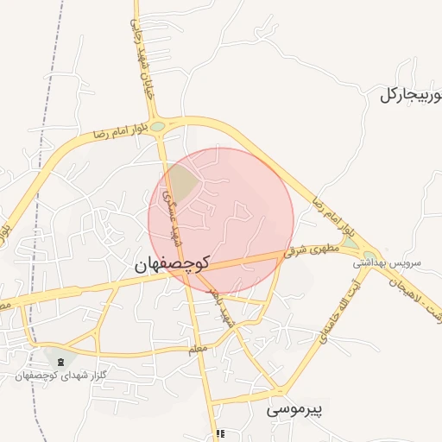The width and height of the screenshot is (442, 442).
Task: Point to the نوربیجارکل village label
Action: point(410,95)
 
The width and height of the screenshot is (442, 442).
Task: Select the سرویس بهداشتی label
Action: point(389,262)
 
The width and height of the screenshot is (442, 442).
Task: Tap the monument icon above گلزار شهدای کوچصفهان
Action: point(60,360)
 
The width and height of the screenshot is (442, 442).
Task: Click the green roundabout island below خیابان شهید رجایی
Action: point(157,127)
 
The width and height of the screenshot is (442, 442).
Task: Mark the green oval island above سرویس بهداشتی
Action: point(369,256)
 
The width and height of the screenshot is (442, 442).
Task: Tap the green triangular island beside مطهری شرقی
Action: point(349,245)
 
